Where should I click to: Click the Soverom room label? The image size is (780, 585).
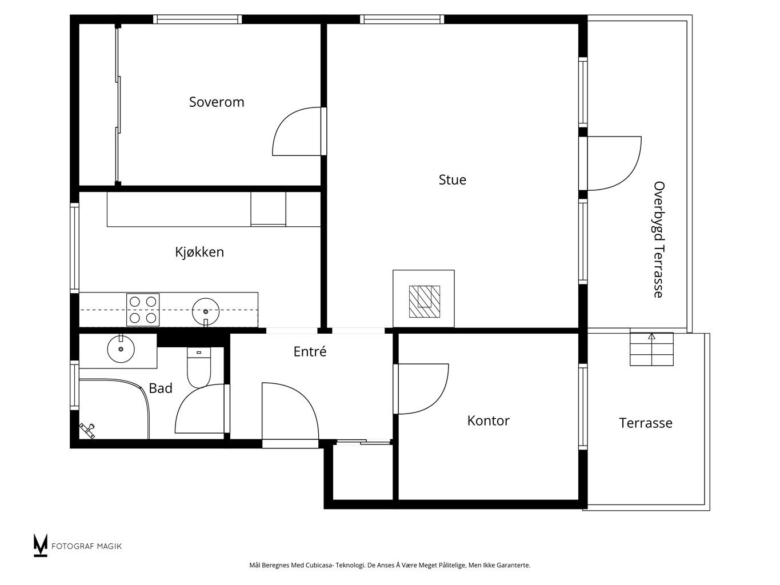pyautogui.click(x=217, y=102)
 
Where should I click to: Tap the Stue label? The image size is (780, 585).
pyautogui.click(x=452, y=180)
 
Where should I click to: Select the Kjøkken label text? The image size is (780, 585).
pyautogui.click(x=199, y=252)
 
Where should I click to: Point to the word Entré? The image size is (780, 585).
pyautogui.click(x=310, y=351)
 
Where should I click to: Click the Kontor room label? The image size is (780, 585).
pyautogui.click(x=488, y=421)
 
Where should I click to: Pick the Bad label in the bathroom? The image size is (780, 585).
pyautogui.click(x=161, y=388)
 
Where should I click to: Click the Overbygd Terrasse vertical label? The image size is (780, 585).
pyautogui.click(x=659, y=240)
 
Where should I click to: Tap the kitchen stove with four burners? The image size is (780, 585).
pyautogui.click(x=143, y=310)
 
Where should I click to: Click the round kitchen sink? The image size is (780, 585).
pyautogui.click(x=206, y=311)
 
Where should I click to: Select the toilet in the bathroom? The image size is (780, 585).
pyautogui.click(x=199, y=367)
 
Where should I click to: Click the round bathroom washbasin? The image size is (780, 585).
pyautogui.click(x=121, y=349)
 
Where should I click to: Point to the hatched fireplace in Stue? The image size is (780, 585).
pyautogui.click(x=425, y=302)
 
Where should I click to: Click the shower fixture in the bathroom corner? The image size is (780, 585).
pyautogui.click(x=87, y=431)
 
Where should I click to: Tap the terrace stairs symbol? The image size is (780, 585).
pyautogui.click(x=652, y=349)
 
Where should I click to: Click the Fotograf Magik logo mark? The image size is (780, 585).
pyautogui.click(x=40, y=545)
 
